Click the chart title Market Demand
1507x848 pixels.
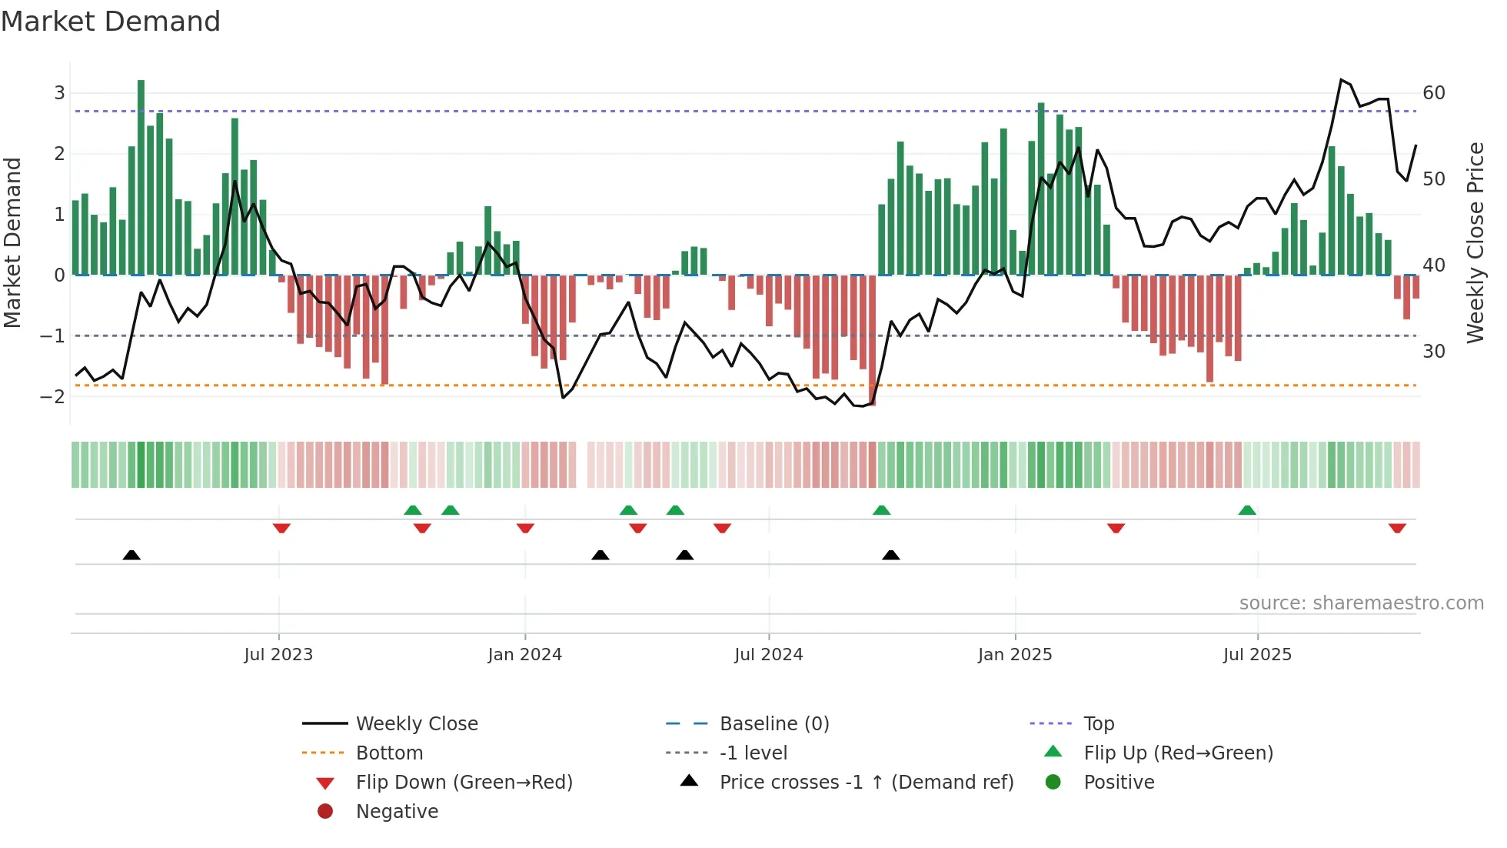pos(111,22)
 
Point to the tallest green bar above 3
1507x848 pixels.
pos(141,177)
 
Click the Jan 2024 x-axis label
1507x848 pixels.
pos(524,655)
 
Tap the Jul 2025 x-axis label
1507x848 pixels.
pos(1257,655)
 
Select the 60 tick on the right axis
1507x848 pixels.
pos(1434,93)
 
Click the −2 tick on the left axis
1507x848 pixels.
pos(52,396)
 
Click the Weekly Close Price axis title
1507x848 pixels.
pos(1475,242)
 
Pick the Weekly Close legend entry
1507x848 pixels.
pos(416,723)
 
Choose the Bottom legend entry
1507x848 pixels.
pos(389,753)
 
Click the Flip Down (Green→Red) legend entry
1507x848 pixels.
pos(464,782)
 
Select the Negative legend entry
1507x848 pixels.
pos(397,811)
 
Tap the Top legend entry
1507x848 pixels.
pos(1099,723)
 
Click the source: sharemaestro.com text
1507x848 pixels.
pos(1361,603)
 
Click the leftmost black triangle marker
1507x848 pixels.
pos(131,555)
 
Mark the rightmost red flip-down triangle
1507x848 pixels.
pos(1397,528)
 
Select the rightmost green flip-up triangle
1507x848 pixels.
pos(1247,510)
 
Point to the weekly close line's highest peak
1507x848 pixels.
pos(1341,79)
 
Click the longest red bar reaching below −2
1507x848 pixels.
pos(872,339)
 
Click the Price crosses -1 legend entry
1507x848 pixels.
pos(866,782)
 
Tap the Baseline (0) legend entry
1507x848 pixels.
pos(773,723)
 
